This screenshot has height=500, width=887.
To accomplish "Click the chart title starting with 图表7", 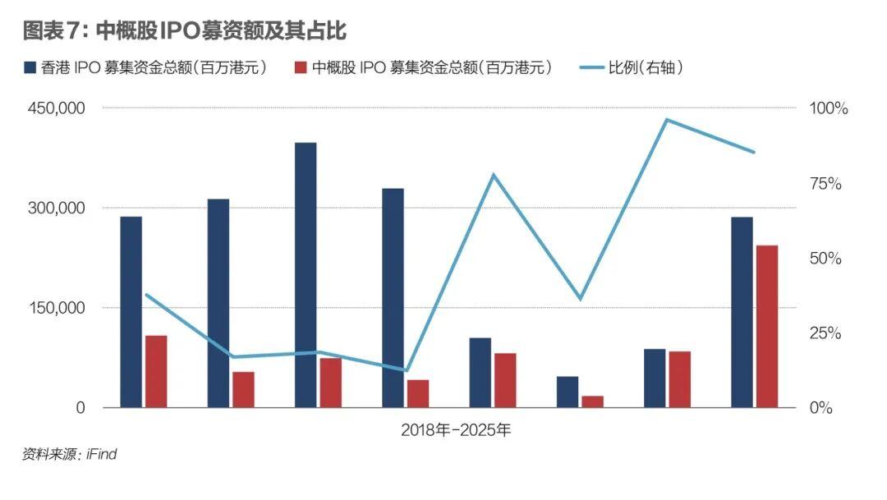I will [x=185, y=31].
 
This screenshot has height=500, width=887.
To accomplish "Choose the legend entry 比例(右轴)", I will [x=644, y=67].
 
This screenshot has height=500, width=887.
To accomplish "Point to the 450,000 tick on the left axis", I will [x=57, y=109].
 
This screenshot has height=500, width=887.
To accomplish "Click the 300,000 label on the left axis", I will [x=57, y=209].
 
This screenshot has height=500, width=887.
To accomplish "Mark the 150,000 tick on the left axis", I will [x=57, y=309].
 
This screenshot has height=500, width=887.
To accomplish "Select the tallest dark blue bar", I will [x=306, y=275].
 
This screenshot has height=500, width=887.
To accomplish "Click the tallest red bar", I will [x=766, y=326].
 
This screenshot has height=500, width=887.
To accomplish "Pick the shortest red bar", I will [x=592, y=401].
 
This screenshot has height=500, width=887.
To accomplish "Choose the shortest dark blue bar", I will [x=567, y=392].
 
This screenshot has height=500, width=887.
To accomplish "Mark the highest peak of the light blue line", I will [x=668, y=120].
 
